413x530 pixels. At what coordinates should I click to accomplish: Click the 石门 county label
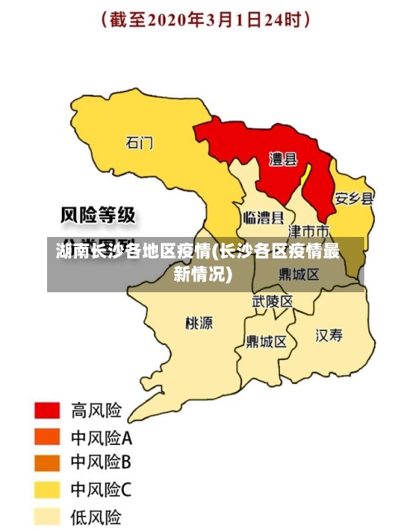click(140, 142)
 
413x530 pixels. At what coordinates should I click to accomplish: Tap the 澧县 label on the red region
click(283, 159)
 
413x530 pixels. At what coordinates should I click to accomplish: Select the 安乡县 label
click(354, 199)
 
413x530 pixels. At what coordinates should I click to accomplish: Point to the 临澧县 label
click(263, 218)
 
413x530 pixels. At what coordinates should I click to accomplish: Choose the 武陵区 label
click(272, 302)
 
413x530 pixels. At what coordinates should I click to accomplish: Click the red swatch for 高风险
click(47, 410)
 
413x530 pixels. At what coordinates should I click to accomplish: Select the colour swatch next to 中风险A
click(47, 437)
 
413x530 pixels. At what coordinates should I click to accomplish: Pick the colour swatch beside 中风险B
click(47, 463)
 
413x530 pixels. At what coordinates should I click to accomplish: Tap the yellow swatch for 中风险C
click(47, 490)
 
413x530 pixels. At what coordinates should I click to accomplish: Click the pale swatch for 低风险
click(47, 517)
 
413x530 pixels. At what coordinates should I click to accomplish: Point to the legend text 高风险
click(96, 410)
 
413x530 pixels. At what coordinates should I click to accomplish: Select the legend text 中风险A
click(102, 437)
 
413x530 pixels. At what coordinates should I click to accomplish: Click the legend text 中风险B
click(102, 463)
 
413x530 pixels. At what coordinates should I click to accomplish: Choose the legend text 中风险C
click(102, 490)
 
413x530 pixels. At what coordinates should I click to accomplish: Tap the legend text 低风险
click(96, 517)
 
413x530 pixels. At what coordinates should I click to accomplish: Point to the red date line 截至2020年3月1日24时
click(206, 19)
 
